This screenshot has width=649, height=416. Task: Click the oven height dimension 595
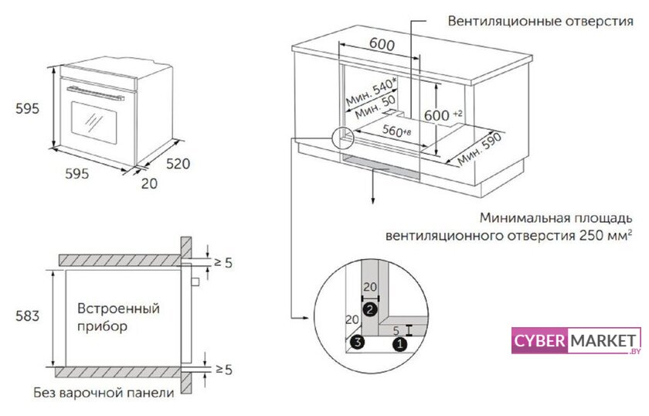point(27,110)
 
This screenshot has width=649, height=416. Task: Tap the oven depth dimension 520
point(178,163)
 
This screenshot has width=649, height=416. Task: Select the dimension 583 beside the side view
point(27,315)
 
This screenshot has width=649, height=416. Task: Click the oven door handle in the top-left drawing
point(96,94)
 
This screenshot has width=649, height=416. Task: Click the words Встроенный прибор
point(118,317)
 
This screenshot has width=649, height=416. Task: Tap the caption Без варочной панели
point(104,393)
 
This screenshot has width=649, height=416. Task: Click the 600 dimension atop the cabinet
point(382,44)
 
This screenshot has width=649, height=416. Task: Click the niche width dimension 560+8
point(395,131)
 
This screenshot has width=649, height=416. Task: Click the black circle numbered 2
point(370,310)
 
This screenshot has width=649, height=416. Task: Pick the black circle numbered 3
point(355,342)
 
